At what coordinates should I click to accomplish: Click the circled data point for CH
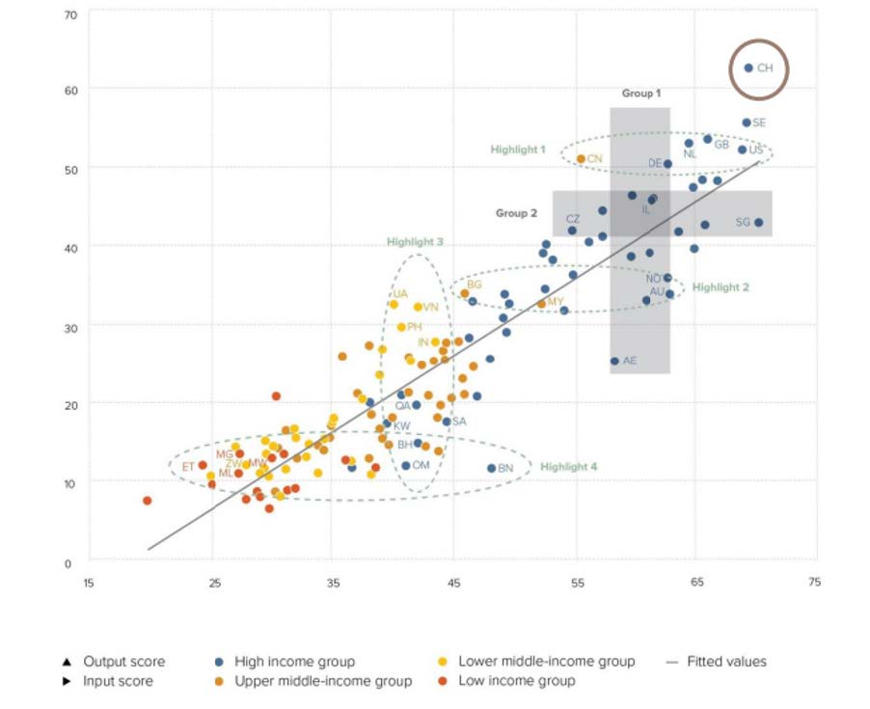[748, 68]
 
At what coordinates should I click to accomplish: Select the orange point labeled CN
[581, 159]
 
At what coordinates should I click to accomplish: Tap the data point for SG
[758, 223]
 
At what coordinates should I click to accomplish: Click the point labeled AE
[614, 361]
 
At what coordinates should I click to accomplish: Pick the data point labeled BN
[491, 468]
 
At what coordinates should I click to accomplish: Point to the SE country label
[759, 123]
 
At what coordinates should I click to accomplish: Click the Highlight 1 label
[518, 150]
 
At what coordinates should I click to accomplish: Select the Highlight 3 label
[415, 242]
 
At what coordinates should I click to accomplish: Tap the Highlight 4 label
[568, 467]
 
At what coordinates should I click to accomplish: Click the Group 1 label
[641, 94]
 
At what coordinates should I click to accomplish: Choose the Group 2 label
[516, 213]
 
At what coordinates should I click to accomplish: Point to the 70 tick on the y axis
[69, 15]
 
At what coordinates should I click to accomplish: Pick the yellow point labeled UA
[394, 304]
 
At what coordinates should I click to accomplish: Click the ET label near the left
[188, 467]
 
